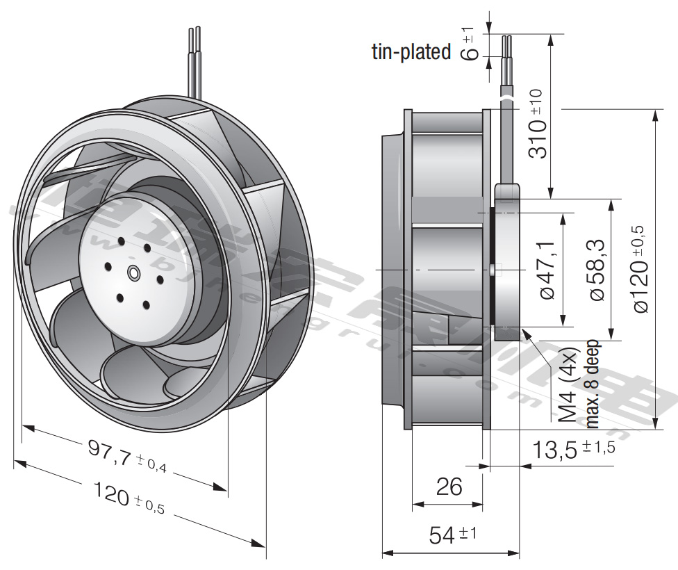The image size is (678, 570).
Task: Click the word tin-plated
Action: pyautogui.click(x=411, y=51)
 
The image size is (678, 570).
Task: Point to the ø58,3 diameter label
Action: pyautogui.click(x=597, y=270)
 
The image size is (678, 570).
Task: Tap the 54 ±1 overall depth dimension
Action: pyautogui.click(x=452, y=535)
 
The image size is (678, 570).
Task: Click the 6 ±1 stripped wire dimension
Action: pyautogui.click(x=470, y=43)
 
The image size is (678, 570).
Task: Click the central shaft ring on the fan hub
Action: pyautogui.click(x=133, y=274)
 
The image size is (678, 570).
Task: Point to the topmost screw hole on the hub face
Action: pyautogui.click(x=122, y=241)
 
